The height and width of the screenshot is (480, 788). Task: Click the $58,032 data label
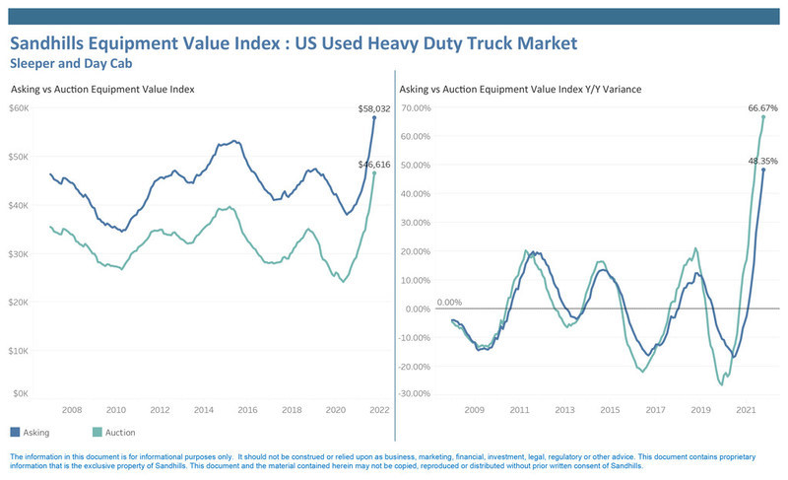(374, 108)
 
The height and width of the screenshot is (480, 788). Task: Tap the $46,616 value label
(374, 165)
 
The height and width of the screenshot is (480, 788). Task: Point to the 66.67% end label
(762, 108)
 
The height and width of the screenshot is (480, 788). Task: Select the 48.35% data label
(762, 161)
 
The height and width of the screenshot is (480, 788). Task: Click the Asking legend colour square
(15, 432)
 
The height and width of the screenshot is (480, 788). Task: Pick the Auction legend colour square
(98, 432)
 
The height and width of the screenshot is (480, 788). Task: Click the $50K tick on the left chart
(19, 157)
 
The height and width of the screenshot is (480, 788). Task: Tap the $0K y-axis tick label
(21, 393)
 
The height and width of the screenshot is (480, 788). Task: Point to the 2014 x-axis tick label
(204, 410)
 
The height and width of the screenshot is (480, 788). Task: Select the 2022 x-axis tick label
(379, 410)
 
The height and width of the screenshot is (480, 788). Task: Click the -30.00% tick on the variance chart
(415, 393)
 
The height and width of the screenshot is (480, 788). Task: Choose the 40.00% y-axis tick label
(416, 194)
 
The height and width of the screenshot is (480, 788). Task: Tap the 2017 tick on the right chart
(655, 410)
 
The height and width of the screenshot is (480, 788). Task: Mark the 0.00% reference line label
(449, 302)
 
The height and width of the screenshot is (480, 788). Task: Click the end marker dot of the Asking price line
(374, 117)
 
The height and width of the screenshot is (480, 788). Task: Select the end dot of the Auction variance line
(763, 116)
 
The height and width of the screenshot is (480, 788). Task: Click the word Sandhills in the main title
(46, 43)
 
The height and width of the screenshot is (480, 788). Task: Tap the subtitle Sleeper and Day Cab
(71, 64)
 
